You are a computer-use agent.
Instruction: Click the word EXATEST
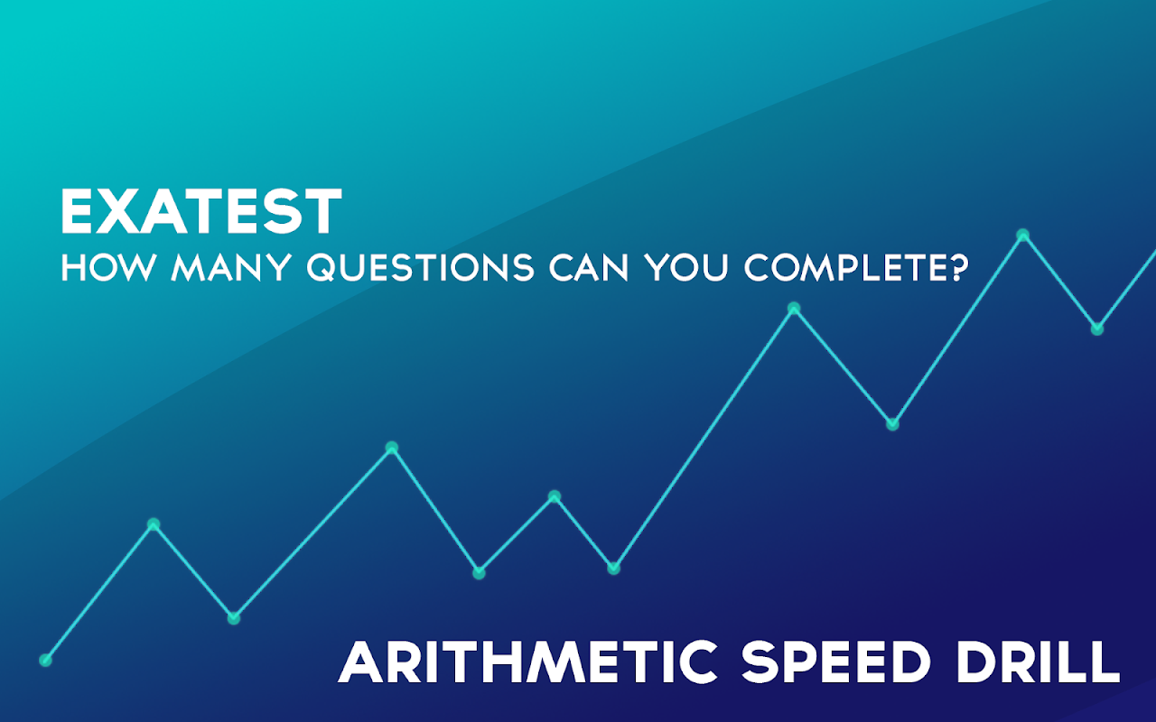coord(201,211)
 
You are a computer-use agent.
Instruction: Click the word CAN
coord(589,267)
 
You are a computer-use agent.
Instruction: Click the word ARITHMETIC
coord(527,662)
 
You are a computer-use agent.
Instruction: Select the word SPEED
coord(836,662)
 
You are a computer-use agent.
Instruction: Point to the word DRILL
coord(1038,662)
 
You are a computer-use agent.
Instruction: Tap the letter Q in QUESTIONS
coord(322,268)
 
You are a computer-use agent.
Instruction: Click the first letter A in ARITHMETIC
coord(360,662)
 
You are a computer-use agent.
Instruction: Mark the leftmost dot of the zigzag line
coord(45,660)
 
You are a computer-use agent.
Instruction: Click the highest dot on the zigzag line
coord(1023,236)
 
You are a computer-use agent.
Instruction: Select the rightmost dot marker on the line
coord(1097,329)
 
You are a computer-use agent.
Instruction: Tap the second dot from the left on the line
coord(154,524)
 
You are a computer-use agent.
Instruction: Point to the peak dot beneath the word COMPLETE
coord(794,309)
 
